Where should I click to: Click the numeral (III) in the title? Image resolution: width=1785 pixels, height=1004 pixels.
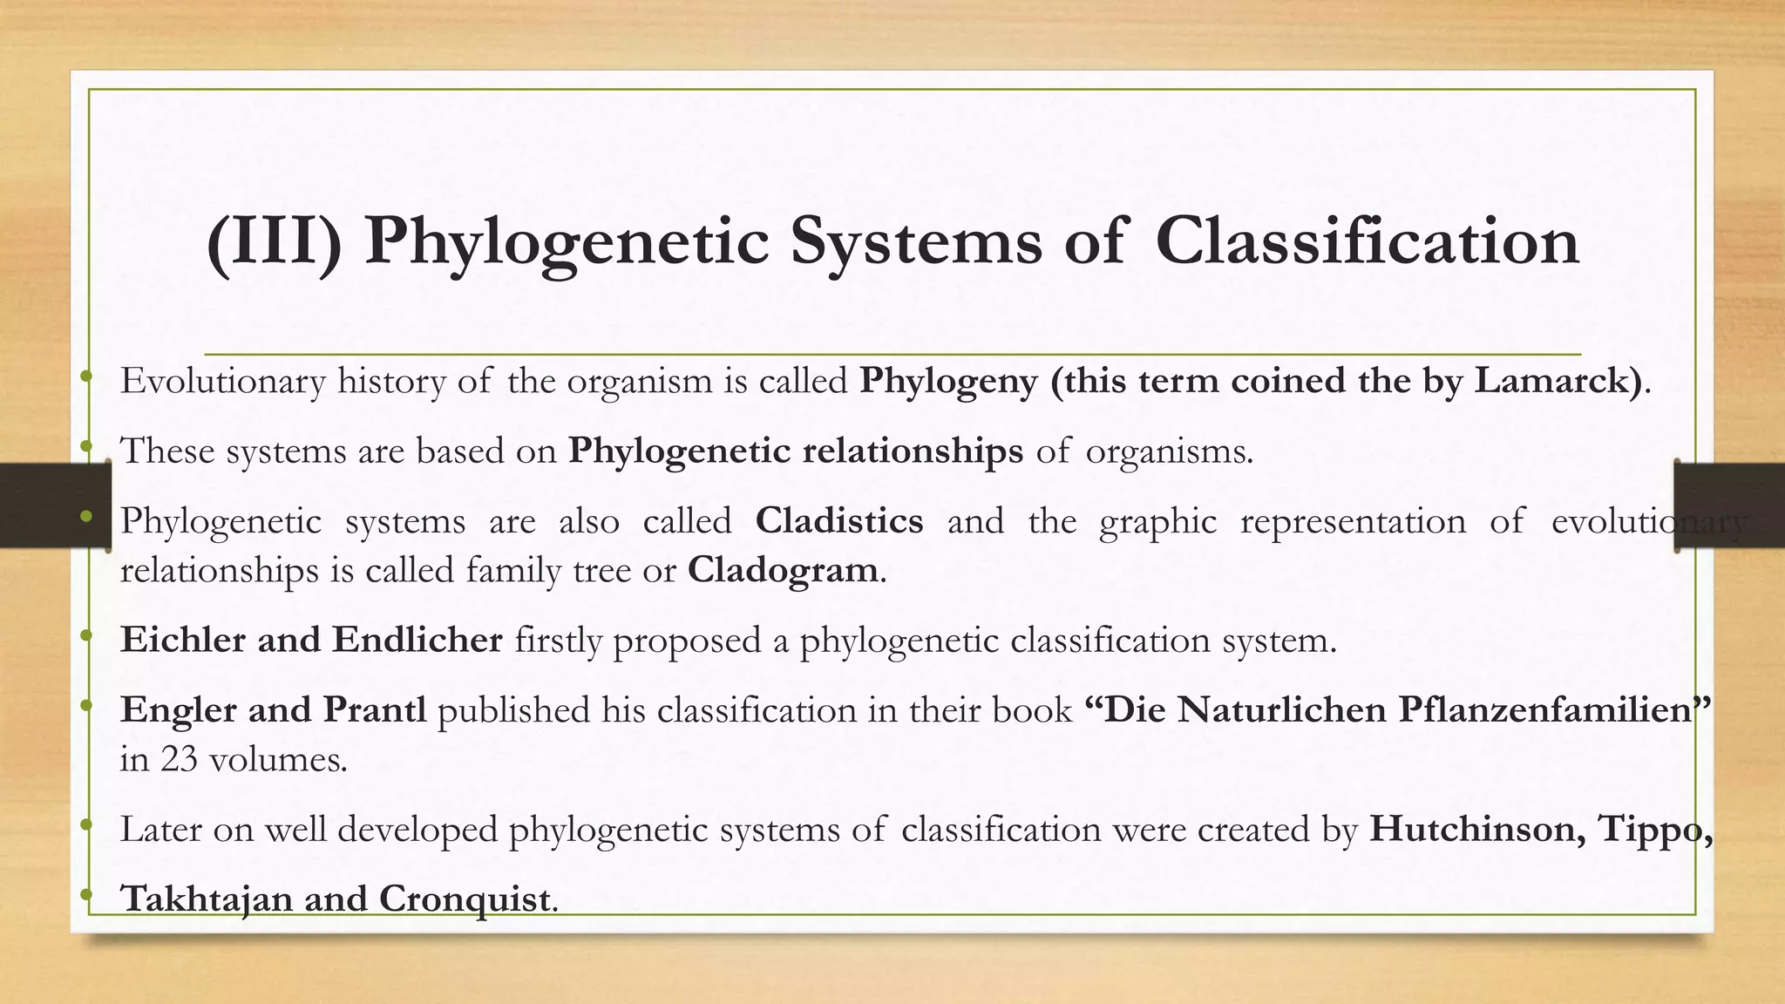click(275, 241)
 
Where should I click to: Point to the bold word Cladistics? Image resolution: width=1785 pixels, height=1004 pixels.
click(838, 521)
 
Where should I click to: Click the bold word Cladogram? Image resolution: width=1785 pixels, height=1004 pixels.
click(783, 571)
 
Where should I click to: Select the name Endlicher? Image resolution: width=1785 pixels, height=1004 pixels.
click(417, 640)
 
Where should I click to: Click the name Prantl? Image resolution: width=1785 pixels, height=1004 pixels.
click(374, 709)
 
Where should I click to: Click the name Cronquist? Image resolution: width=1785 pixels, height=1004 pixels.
click(464, 899)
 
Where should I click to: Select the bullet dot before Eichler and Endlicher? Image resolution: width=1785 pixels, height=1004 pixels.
click(85, 636)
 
